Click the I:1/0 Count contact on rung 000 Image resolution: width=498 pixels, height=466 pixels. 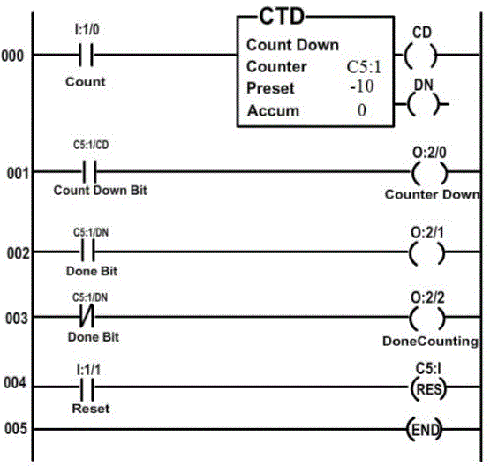coord(86,55)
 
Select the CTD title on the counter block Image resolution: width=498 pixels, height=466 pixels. coord(282,17)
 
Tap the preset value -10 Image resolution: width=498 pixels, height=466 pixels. coord(362,86)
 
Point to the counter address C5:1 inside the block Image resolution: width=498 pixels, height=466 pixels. coord(364,67)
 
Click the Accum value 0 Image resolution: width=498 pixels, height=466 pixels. coord(362,110)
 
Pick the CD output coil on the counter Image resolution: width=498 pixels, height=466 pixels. coord(420,56)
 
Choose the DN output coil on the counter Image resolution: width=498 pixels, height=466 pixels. coord(424,104)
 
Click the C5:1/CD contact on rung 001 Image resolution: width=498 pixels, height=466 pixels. coord(90,172)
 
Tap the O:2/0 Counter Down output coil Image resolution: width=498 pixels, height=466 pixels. coord(429,173)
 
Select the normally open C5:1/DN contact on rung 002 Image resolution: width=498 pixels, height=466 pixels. coord(87,252)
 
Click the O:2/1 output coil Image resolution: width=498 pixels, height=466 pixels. coord(426,253)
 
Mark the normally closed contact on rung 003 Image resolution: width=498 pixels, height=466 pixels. coord(87,316)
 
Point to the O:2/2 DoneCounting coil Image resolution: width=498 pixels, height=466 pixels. coord(427,318)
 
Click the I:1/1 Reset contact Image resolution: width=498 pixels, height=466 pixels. coord(87,387)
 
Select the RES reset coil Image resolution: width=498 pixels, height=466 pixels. coord(428,388)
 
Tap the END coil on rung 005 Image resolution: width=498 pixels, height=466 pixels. coord(425,430)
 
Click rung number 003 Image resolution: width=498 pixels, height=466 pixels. coord(17,318)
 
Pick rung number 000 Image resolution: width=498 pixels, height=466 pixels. coord(12,56)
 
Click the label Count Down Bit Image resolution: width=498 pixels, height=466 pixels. coord(101,191)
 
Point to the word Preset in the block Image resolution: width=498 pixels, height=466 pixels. coord(270,88)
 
